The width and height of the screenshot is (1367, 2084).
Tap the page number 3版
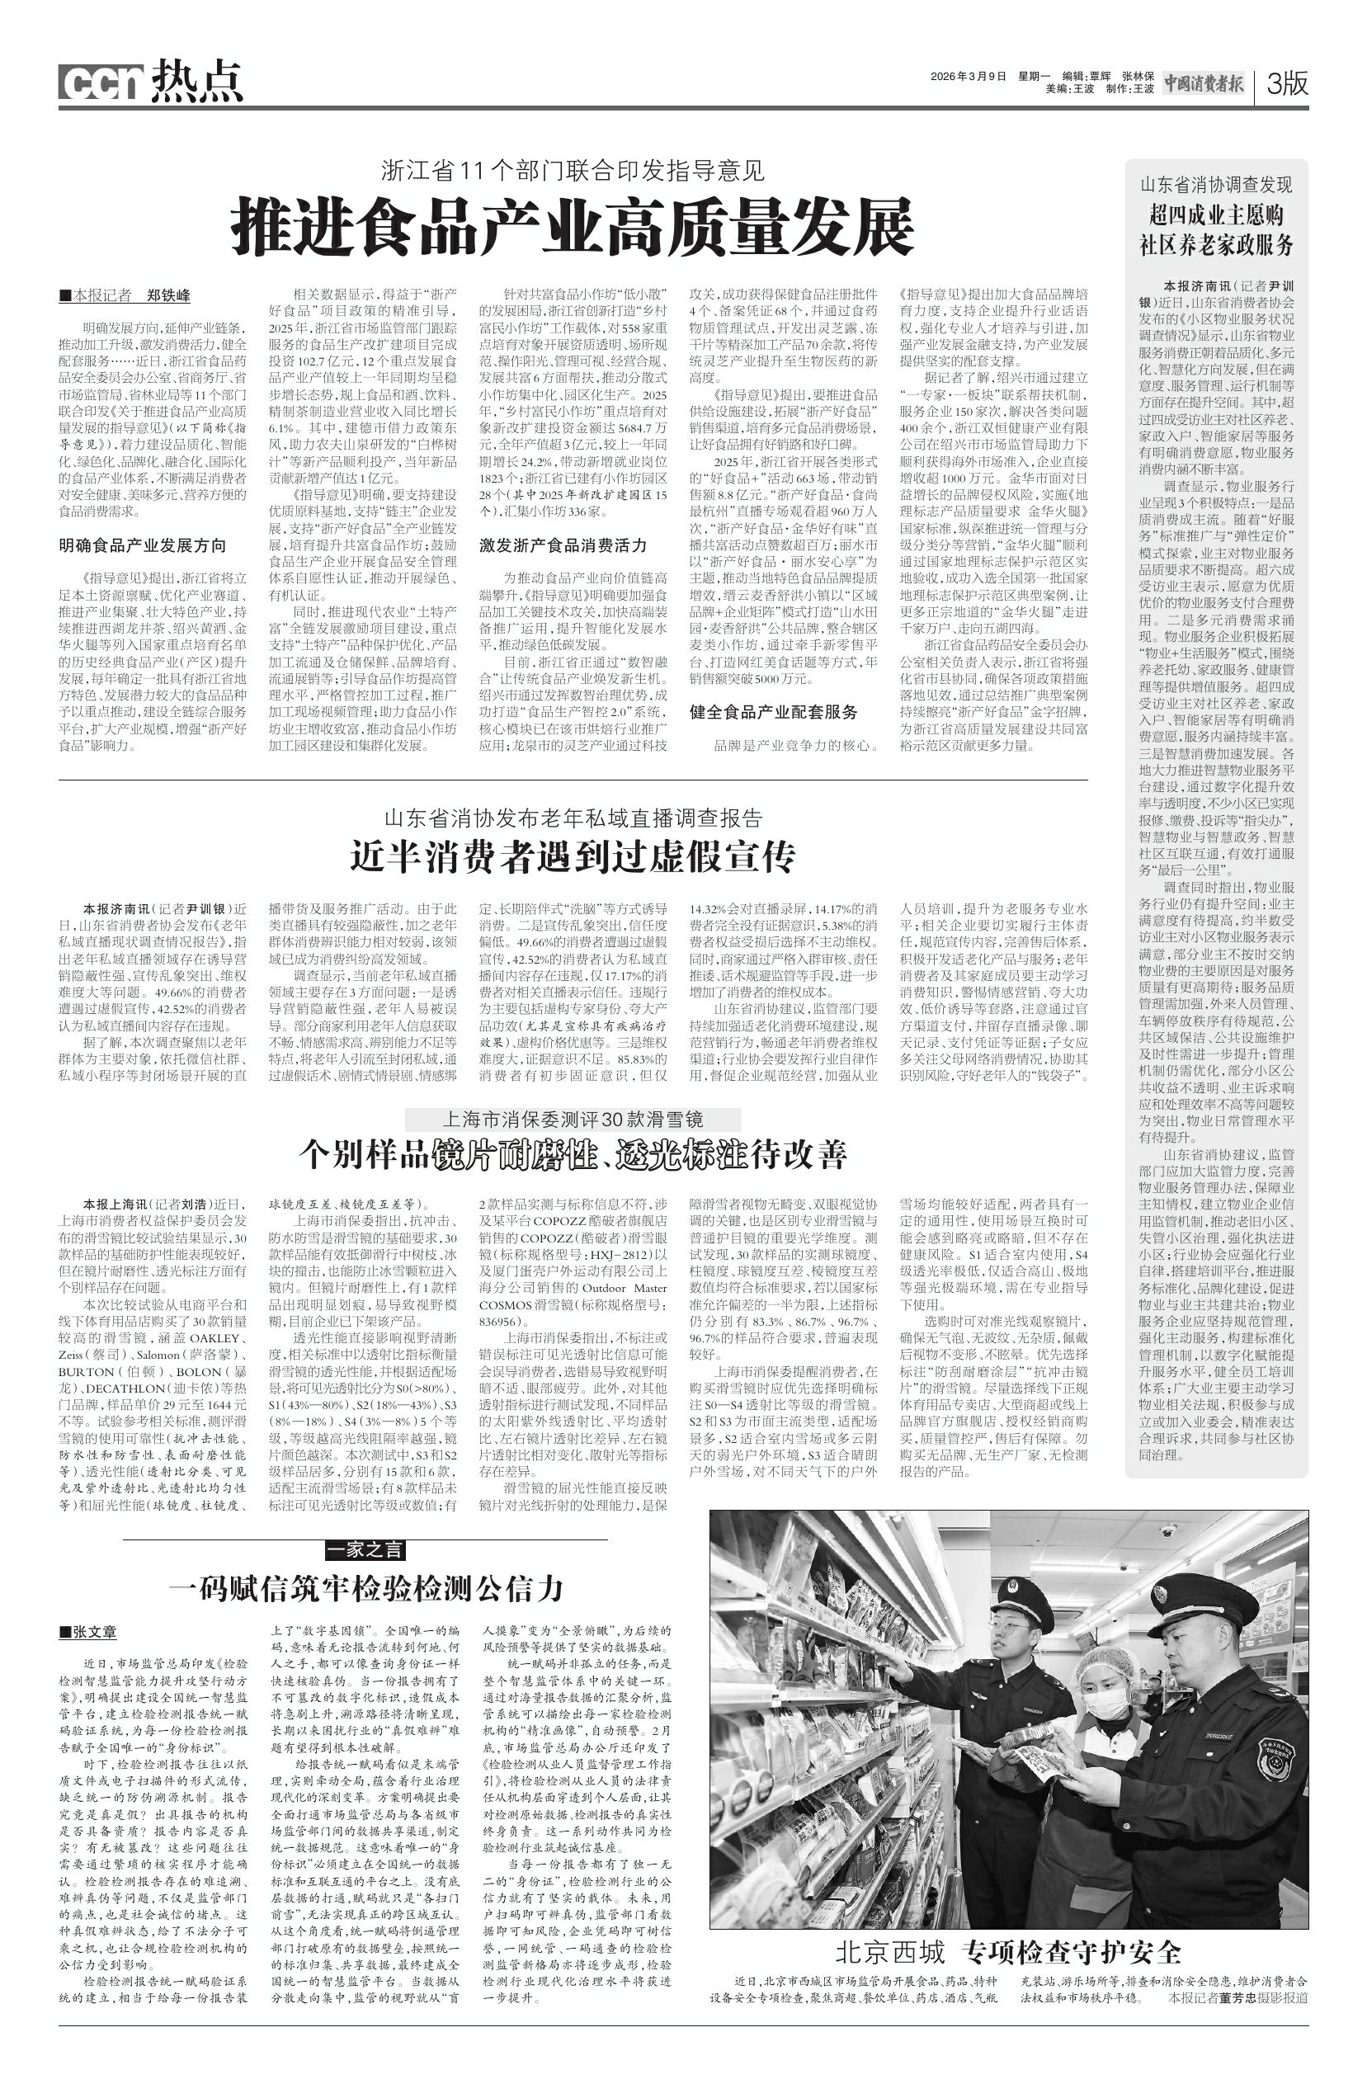click(x=1286, y=84)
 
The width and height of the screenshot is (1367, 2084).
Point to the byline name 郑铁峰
click(x=168, y=295)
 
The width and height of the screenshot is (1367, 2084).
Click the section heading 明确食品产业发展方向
click(x=142, y=545)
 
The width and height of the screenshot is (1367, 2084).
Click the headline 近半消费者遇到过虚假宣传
click(x=573, y=857)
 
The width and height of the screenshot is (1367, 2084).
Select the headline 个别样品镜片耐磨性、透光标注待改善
click(x=573, y=1155)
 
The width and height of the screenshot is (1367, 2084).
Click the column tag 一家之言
click(x=366, y=1550)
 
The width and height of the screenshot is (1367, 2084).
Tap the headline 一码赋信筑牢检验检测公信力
click(x=365, y=1587)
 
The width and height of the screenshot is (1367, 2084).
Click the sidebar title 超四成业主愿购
click(x=1215, y=214)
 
